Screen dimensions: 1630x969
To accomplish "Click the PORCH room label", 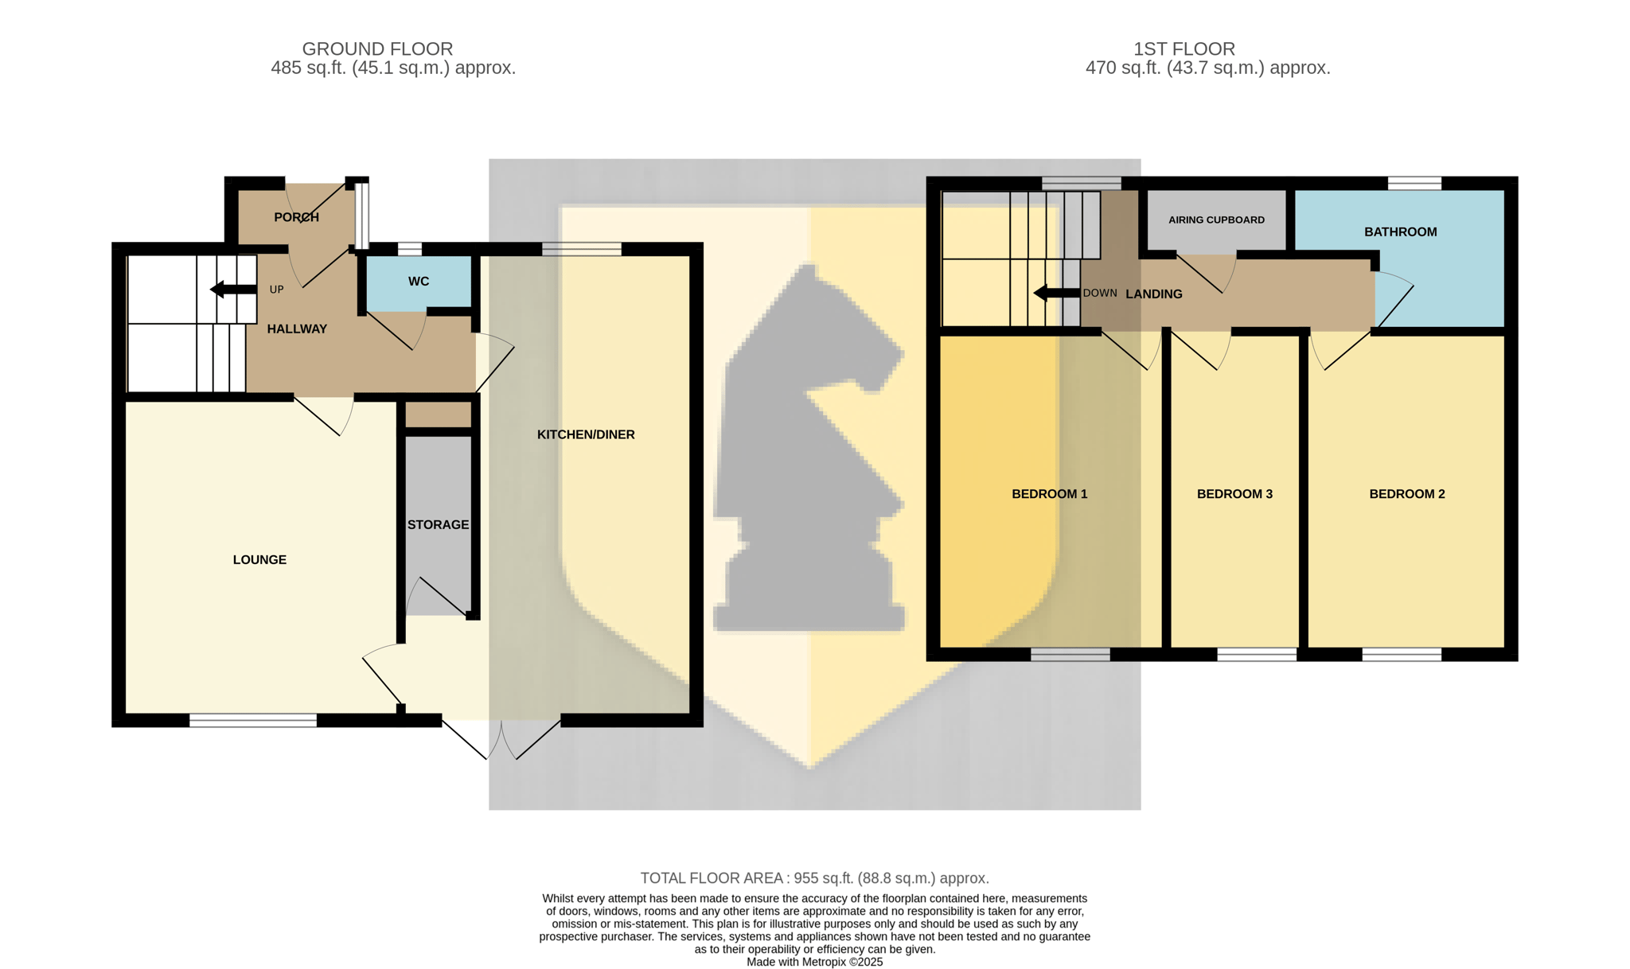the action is tap(296, 217).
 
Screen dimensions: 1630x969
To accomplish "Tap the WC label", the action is tap(419, 282).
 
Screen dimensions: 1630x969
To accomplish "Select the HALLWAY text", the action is tap(297, 329).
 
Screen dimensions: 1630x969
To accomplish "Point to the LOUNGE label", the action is tap(259, 560).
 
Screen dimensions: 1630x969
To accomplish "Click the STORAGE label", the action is tap(438, 525).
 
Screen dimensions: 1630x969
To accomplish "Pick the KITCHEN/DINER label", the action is tap(586, 434).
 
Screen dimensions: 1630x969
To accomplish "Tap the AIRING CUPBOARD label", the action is tap(1216, 220).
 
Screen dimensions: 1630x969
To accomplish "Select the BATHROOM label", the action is tap(1401, 232).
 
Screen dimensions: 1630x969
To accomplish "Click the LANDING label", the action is tap(1154, 294).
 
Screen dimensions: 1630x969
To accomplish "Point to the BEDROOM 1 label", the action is tap(1050, 494).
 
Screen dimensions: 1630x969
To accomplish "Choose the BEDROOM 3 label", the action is tap(1234, 494).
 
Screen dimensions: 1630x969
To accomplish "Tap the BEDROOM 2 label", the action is tap(1407, 494).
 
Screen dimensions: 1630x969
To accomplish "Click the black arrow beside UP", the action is tap(233, 290).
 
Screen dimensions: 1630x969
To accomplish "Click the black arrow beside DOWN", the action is tap(1057, 294).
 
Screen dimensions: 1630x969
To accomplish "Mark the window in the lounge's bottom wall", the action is tap(253, 720).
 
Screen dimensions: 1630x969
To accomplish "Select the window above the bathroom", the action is tap(1414, 183).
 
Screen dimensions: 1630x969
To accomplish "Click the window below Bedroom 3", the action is tap(1257, 655).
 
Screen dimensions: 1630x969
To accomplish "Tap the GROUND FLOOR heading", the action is tap(377, 49).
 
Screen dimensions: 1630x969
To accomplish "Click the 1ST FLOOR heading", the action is tap(1184, 49).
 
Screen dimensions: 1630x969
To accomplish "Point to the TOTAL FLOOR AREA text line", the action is tap(815, 878).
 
